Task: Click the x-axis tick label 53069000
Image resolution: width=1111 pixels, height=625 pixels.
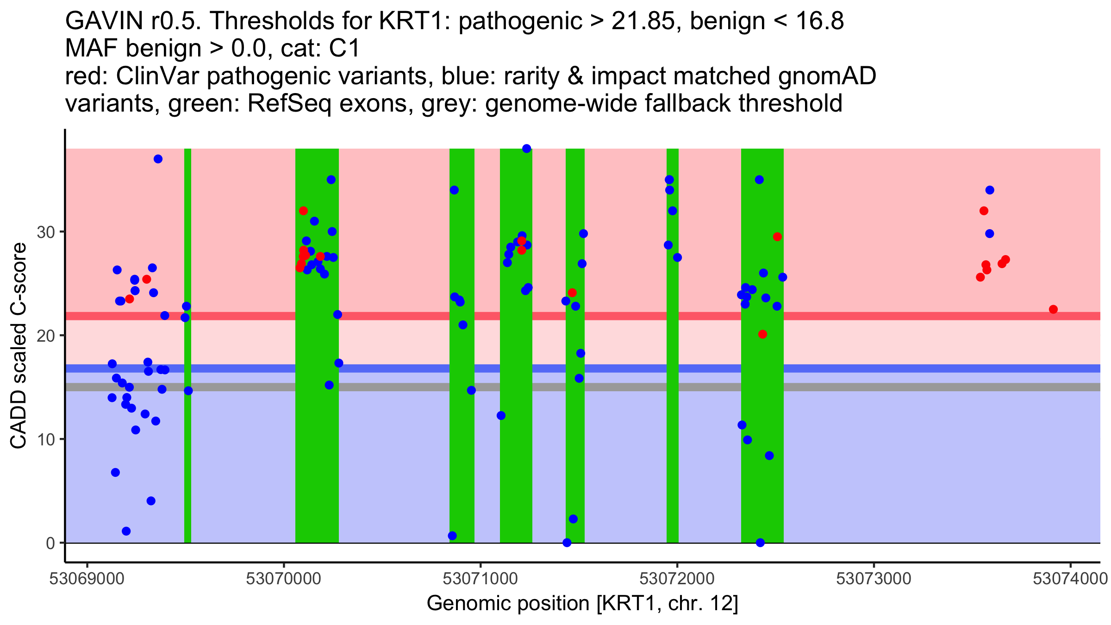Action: click(87, 579)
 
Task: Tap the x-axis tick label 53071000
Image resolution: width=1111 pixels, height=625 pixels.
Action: click(481, 579)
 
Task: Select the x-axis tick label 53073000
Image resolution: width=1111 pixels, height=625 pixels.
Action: click(874, 579)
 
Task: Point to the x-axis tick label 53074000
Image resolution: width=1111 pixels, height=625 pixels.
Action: click(1070, 579)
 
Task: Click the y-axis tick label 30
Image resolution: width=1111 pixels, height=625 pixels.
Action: click(46, 232)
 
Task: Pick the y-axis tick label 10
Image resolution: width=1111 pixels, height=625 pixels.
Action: click(46, 439)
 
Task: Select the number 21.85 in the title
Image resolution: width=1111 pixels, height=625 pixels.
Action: click(643, 21)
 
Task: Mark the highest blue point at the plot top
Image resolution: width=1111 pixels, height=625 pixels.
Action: click(526, 149)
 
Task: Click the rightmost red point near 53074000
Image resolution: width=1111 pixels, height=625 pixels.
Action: click(1053, 309)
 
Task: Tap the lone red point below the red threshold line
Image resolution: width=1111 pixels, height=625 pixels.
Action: click(762, 334)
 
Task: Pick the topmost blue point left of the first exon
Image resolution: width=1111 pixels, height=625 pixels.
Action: click(158, 159)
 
